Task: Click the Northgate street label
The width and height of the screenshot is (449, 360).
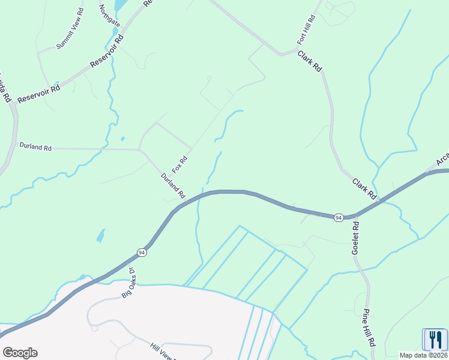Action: [110, 16]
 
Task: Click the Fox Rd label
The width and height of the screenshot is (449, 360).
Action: [180, 164]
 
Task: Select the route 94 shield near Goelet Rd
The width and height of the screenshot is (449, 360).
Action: [339, 217]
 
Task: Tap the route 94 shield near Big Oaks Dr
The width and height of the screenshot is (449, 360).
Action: [140, 252]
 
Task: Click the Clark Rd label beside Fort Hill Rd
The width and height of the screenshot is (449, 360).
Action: [310, 62]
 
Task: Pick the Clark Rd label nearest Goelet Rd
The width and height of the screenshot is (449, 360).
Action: [364, 189]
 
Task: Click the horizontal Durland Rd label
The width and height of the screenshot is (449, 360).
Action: [35, 146]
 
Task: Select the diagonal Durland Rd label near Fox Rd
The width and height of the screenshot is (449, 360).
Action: [173, 186]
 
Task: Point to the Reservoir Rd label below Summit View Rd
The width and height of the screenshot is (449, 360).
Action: [39, 93]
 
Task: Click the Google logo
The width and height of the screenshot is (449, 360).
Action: [20, 352]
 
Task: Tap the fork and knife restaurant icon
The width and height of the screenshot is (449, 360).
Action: [435, 340]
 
